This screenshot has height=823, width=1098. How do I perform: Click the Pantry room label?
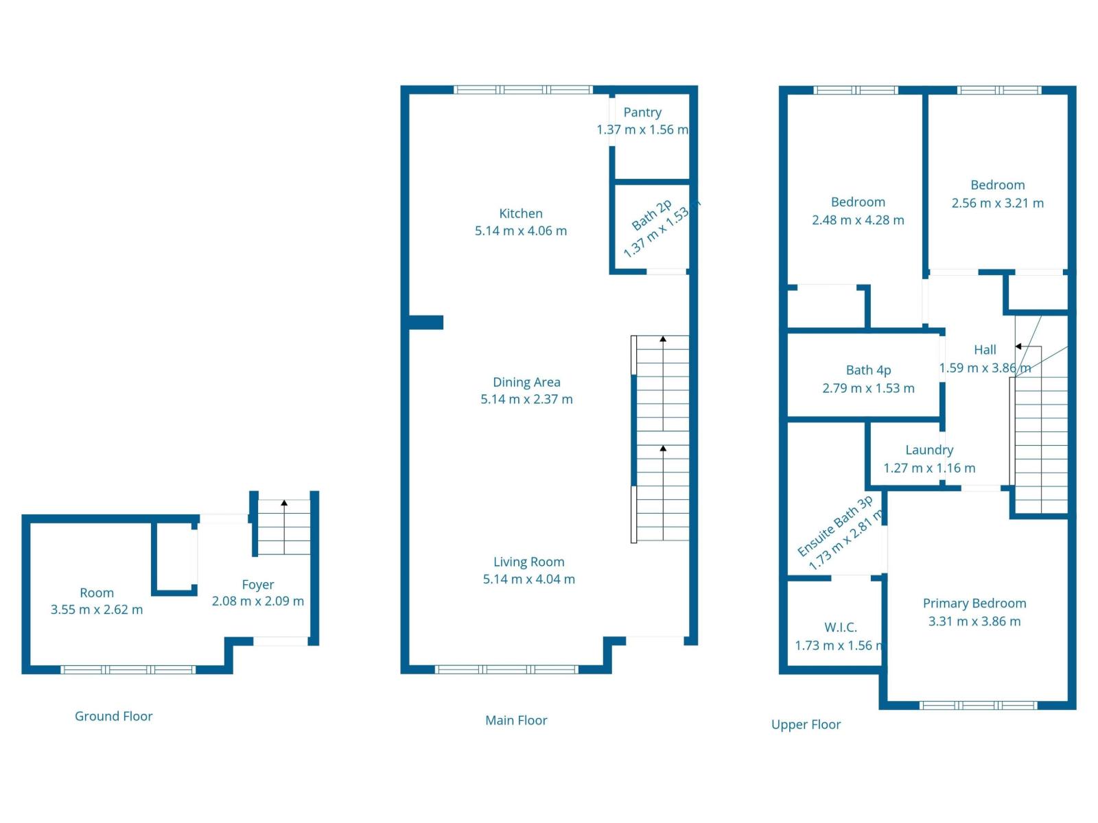(x=642, y=112)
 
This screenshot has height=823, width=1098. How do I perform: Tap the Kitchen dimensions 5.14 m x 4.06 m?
(x=521, y=231)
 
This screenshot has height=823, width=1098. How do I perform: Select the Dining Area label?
(x=526, y=382)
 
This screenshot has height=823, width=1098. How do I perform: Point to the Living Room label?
(x=528, y=562)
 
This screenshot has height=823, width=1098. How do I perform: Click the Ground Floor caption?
(x=113, y=716)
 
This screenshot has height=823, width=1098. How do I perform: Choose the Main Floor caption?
(x=516, y=720)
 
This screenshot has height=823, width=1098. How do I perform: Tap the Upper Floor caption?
(x=806, y=724)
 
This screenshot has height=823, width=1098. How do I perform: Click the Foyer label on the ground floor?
(x=257, y=584)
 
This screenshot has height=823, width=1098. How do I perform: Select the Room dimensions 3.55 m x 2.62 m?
(x=97, y=610)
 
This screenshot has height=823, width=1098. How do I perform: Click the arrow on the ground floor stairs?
(x=284, y=503)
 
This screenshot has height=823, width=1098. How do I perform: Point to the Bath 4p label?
(x=868, y=370)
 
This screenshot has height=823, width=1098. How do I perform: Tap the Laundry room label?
(x=929, y=450)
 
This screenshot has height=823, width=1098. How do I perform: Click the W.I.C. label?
(x=840, y=627)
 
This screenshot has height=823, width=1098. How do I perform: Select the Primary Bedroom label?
(x=974, y=604)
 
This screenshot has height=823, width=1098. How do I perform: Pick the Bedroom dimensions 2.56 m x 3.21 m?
(x=997, y=203)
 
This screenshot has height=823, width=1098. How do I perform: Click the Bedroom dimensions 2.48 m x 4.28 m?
(x=858, y=220)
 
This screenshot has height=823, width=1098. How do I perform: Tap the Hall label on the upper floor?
(x=985, y=350)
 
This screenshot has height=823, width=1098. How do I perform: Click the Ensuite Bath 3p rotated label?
(x=834, y=526)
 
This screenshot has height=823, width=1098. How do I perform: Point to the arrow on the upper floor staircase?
(x=1019, y=346)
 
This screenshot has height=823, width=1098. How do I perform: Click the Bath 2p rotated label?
(x=651, y=215)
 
